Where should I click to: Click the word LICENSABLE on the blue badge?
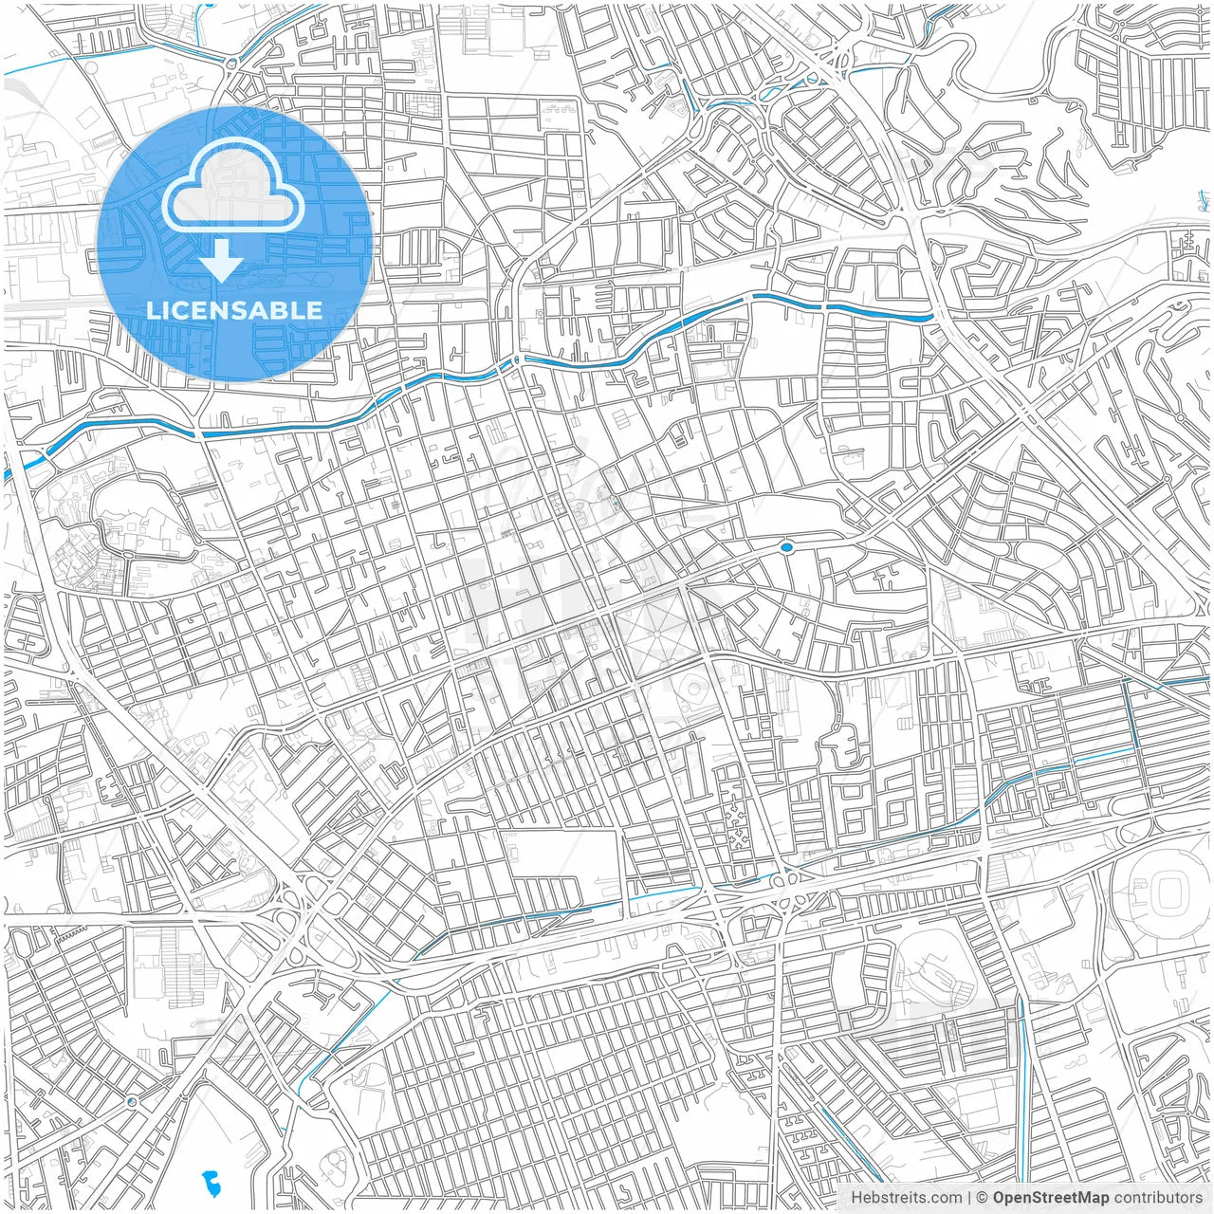(x=234, y=310)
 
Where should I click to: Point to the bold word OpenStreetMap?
(x=1051, y=1198)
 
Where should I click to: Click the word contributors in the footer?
(x=1158, y=1198)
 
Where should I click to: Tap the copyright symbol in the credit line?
(x=983, y=1198)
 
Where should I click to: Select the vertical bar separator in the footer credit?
(x=969, y=1198)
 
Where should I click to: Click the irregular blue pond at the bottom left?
(x=212, y=1183)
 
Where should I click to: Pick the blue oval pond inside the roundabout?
(x=786, y=547)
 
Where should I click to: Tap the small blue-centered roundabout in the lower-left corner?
(x=130, y=1102)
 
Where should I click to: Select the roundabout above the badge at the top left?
(x=230, y=65)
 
